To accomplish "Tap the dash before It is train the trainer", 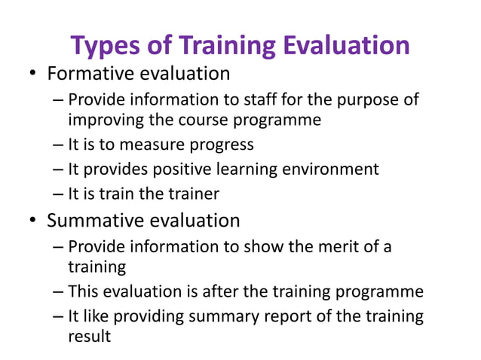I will point(59,194).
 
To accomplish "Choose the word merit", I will point(339,247).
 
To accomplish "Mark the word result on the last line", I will point(89,336).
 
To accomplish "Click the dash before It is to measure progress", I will point(59,145).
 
